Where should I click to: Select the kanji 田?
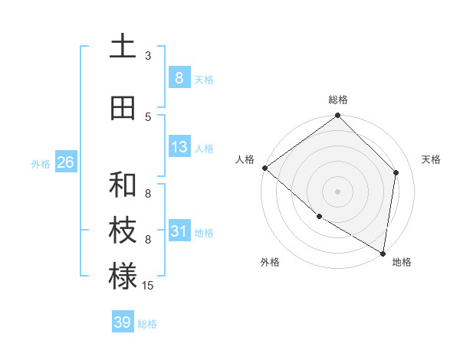click(x=123, y=109)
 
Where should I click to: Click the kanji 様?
click(x=123, y=277)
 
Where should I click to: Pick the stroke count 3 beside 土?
click(x=148, y=56)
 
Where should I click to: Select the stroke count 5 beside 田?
click(x=148, y=116)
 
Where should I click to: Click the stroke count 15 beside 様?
click(x=149, y=285)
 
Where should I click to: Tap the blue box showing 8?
click(x=179, y=77)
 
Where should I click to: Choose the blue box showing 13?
click(x=179, y=147)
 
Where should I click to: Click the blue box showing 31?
click(x=179, y=231)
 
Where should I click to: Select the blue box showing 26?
click(x=65, y=162)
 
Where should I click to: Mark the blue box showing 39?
click(x=122, y=322)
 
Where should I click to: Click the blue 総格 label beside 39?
click(x=147, y=324)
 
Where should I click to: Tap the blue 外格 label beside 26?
click(x=41, y=164)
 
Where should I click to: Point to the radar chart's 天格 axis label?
click(x=432, y=159)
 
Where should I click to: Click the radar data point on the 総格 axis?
click(x=337, y=116)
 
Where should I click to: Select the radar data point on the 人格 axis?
click(x=264, y=168)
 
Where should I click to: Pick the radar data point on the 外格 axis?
click(x=319, y=216)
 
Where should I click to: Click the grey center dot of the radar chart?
click(x=337, y=191)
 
